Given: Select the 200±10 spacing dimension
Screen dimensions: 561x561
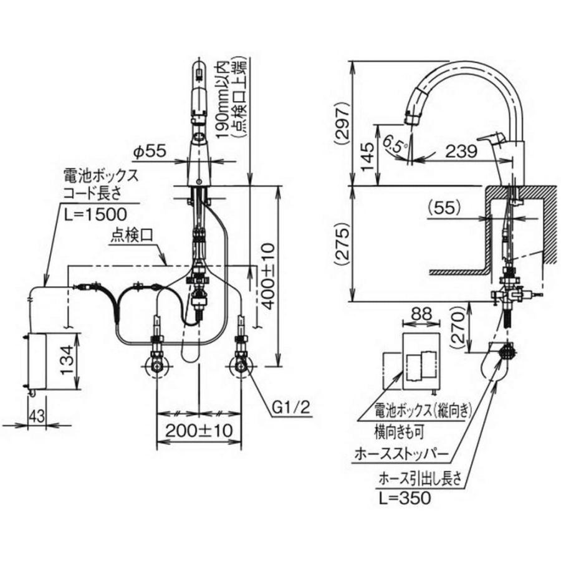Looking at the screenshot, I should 199,429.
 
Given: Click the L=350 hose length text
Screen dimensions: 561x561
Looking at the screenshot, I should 404,498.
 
